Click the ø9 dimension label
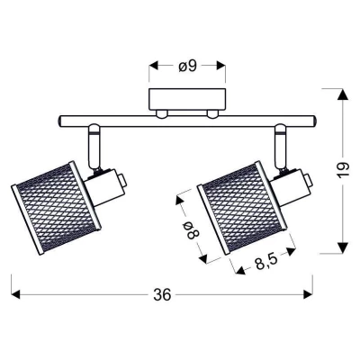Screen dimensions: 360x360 (x=187, y=67)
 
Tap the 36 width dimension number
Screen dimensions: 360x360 (x=162, y=294)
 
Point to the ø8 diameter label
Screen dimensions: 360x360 (x=192, y=230)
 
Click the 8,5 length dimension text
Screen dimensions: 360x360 (x=265, y=264)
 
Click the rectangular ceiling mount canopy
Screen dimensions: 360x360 (x=187, y=99)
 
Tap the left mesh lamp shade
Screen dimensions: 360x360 (x=57, y=208)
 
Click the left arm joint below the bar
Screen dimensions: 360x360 (x=94, y=146)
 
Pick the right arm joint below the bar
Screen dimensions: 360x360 (x=282, y=146)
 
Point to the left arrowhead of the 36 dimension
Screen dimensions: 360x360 (x=15, y=294)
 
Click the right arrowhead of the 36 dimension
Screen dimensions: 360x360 (x=308, y=294)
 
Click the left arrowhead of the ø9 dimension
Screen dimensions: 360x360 (x=154, y=66)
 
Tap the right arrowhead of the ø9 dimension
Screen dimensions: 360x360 (x=220, y=66)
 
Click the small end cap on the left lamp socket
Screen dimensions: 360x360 (x=122, y=181)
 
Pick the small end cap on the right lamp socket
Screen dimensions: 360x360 (x=308, y=181)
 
